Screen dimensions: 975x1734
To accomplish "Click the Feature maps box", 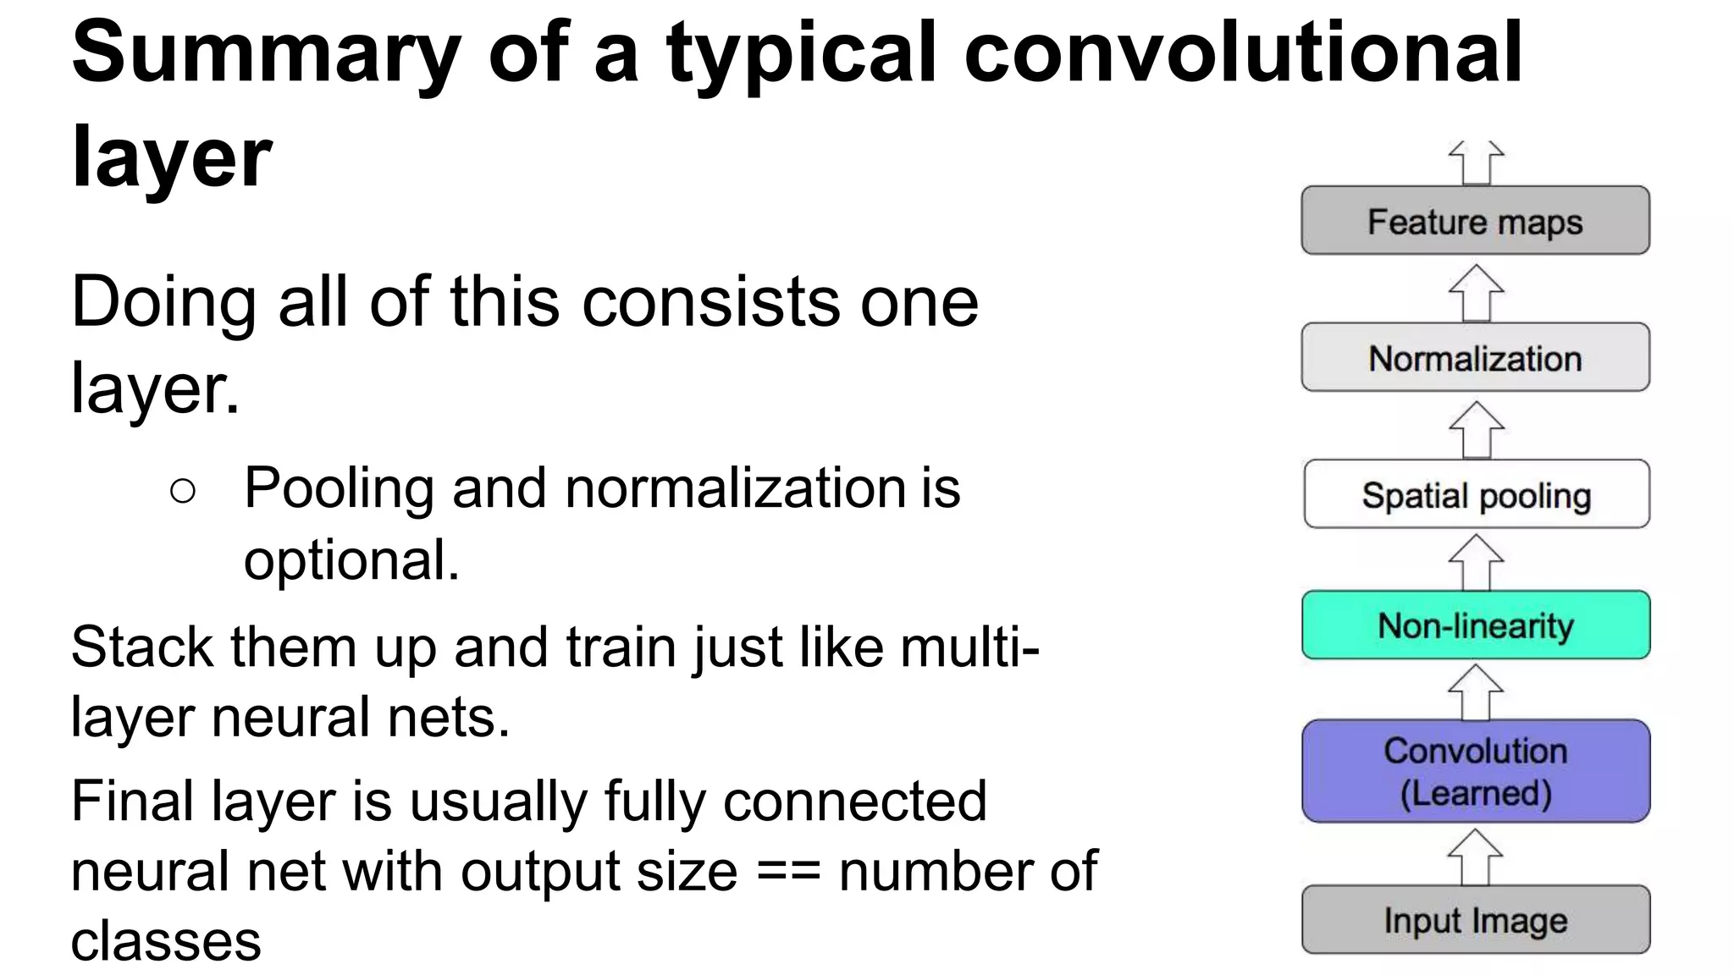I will pyautogui.click(x=1475, y=221).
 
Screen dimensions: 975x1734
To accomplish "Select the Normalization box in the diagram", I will pyautogui.click(x=1475, y=358).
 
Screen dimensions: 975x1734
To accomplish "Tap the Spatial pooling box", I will pyautogui.click(x=1476, y=494).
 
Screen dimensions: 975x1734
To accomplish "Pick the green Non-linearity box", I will pyautogui.click(x=1476, y=625).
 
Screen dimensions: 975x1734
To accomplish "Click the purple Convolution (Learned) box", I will pyautogui.click(x=1476, y=771).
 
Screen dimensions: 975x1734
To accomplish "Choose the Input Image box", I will pyautogui.click(x=1476, y=920).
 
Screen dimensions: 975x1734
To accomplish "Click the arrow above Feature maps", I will pyautogui.click(x=1476, y=163).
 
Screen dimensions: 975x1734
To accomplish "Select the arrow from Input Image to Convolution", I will pyautogui.click(x=1476, y=857).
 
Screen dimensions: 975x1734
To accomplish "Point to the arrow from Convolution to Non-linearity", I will pyautogui.click(x=1476, y=691).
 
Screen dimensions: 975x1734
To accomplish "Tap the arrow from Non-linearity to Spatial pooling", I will pyautogui.click(x=1476, y=562).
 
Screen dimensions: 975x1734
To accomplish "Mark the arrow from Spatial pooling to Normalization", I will pyautogui.click(x=1476, y=429).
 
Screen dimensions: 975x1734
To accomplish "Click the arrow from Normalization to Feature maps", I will pyautogui.click(x=1476, y=293).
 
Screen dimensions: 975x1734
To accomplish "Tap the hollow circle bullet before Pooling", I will pyautogui.click(x=183, y=491).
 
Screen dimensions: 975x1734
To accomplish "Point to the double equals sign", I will pyautogui.click(x=788, y=872).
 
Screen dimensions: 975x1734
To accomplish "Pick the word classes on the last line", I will pyautogui.click(x=166, y=941).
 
